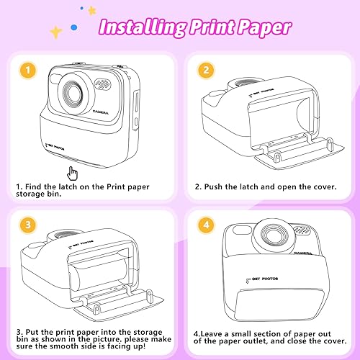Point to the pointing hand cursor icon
[71, 173]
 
